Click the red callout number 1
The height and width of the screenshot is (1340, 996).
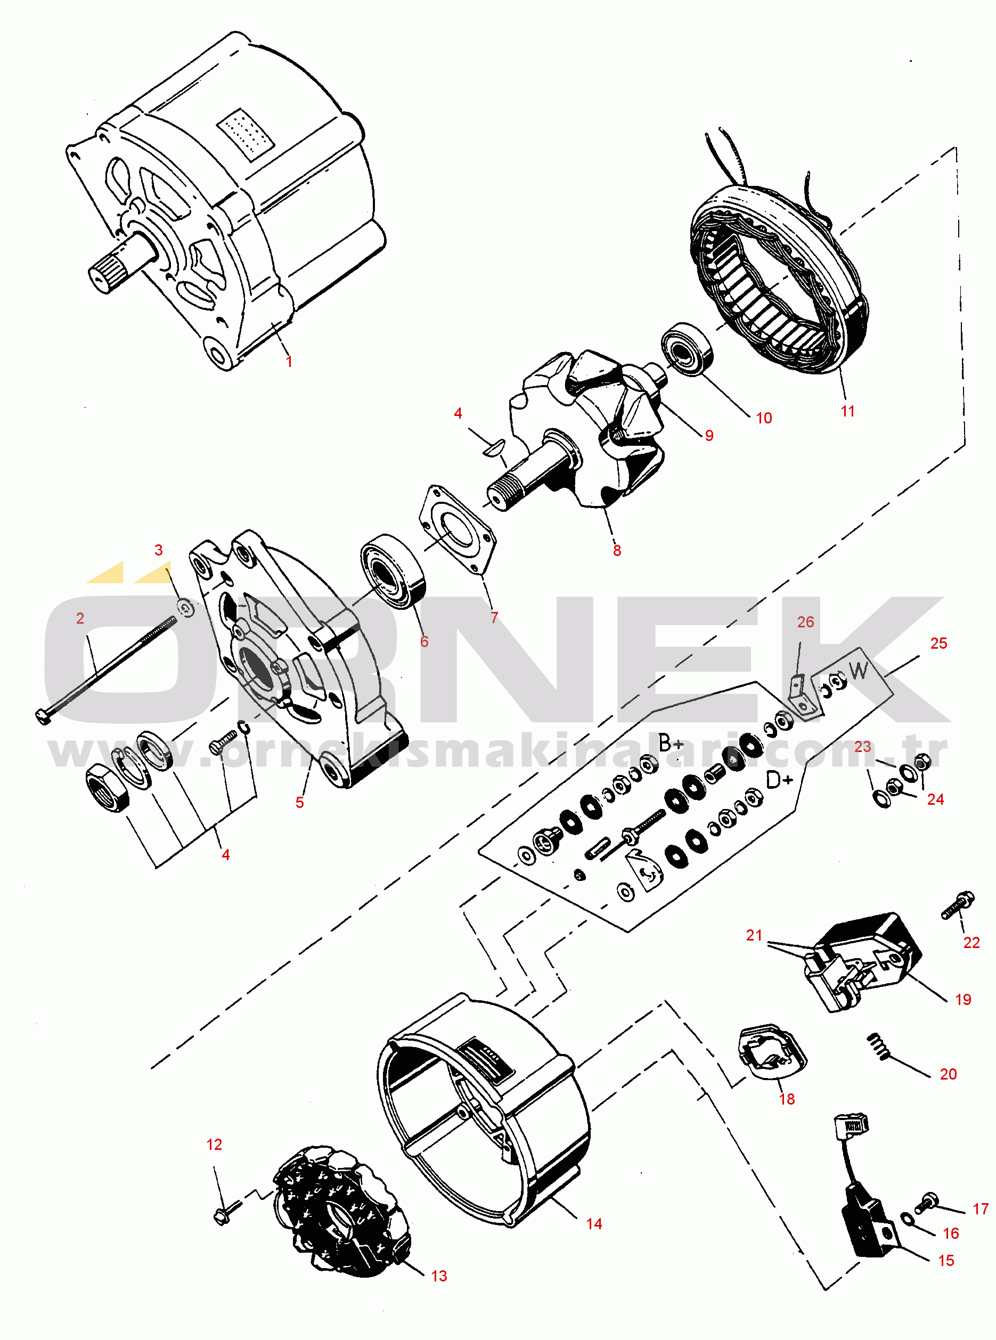pyautogui.click(x=289, y=361)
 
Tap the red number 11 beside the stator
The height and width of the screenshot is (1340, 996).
pyautogui.click(x=848, y=411)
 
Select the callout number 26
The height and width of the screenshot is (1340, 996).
pyautogui.click(x=805, y=622)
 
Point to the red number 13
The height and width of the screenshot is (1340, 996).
pyautogui.click(x=439, y=1276)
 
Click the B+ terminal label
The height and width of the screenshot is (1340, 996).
pyautogui.click(x=671, y=743)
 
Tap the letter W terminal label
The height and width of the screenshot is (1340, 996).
pyautogui.click(x=859, y=669)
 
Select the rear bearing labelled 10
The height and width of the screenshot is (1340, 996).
pyautogui.click(x=687, y=349)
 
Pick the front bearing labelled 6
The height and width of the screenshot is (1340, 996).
pyautogui.click(x=393, y=571)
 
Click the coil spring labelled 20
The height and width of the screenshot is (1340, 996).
pyautogui.click(x=878, y=1046)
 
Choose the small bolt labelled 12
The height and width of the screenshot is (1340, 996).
pyautogui.click(x=227, y=1211)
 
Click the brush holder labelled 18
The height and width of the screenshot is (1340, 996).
pyautogui.click(x=773, y=1051)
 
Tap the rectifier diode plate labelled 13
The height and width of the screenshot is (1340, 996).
pyautogui.click(x=341, y=1212)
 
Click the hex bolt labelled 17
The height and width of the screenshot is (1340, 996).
pyautogui.click(x=927, y=1203)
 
